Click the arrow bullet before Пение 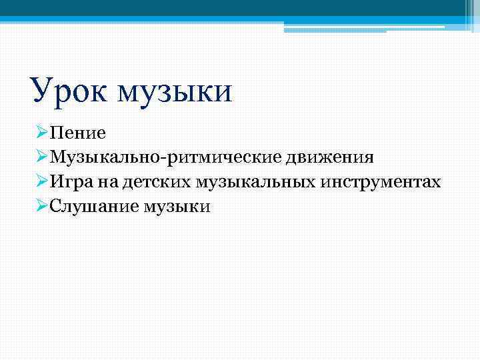37,133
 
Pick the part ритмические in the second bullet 226,157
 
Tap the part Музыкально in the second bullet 107,157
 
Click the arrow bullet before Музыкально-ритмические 37,157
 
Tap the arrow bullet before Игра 37,182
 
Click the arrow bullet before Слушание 37,207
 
